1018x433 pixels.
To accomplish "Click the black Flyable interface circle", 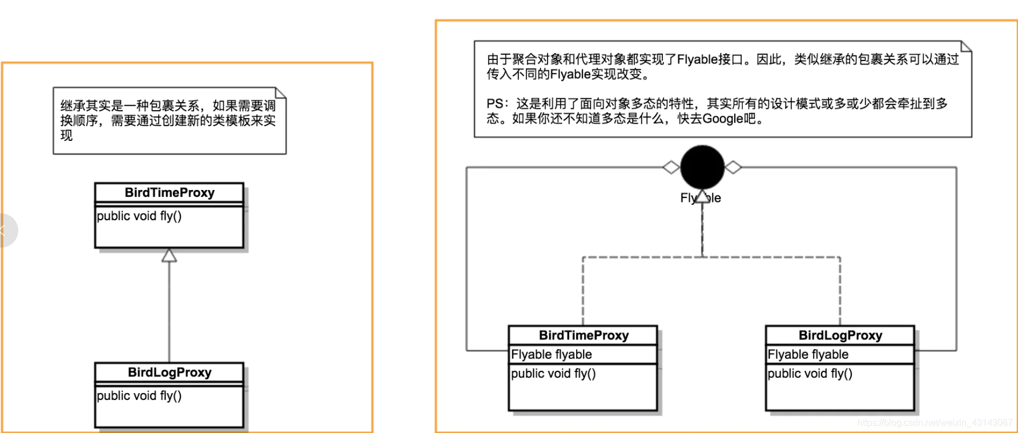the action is (702, 167).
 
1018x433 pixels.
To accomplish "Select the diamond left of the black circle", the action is (671, 167).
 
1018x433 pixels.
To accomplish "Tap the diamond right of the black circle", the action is (733, 167).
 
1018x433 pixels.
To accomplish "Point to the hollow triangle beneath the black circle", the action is (702, 196).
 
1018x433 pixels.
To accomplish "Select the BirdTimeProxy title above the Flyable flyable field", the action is (584, 335).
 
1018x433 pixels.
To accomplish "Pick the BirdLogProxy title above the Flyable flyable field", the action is (840, 335).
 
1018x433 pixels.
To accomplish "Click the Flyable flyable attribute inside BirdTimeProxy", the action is (552, 354).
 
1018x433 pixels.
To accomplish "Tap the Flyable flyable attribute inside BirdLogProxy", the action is (808, 354).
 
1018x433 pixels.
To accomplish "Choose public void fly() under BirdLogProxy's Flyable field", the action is (810, 374).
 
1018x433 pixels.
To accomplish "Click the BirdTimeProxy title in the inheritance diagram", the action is (170, 193).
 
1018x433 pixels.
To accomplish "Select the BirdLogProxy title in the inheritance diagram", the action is (170, 373).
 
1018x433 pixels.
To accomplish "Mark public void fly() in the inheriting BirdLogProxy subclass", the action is (139, 395).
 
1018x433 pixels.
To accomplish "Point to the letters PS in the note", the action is (494, 104).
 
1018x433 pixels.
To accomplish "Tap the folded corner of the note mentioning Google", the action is (966, 46).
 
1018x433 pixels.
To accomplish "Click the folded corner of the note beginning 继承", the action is (281, 92).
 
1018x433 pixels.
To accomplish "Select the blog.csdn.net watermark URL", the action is (934, 423).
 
